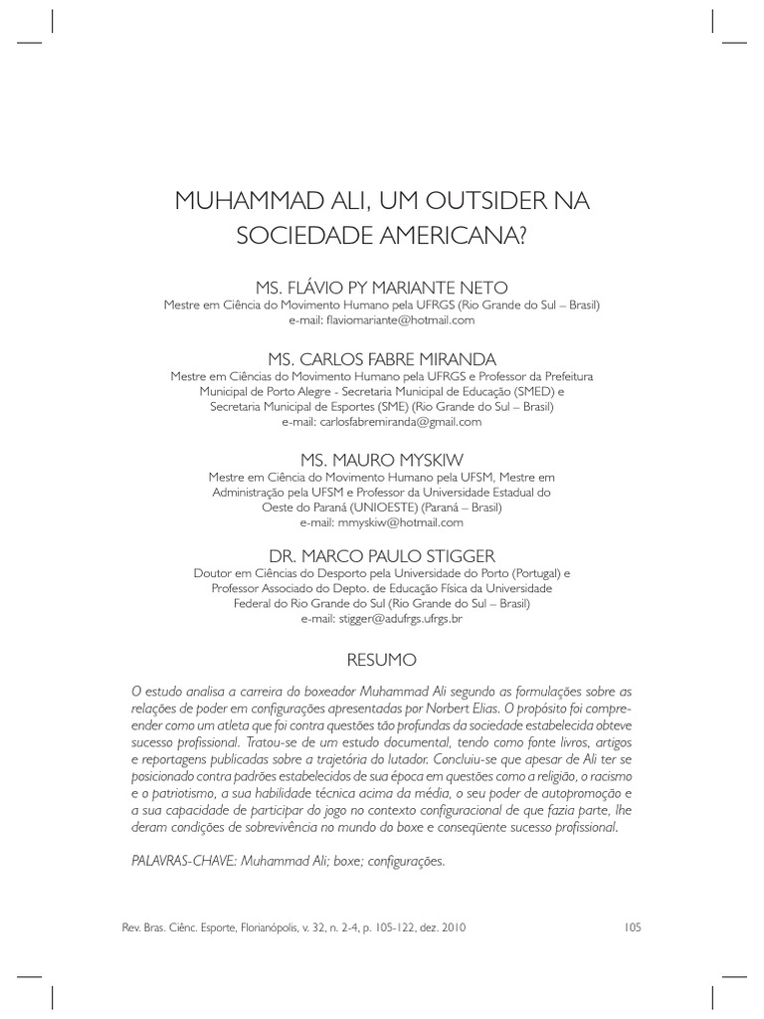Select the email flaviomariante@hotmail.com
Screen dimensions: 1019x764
[x=382, y=320]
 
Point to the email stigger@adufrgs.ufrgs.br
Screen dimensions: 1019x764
[x=382, y=618]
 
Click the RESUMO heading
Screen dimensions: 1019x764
[x=382, y=659]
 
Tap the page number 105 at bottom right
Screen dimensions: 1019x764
[x=633, y=927]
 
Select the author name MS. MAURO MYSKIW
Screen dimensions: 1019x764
[x=382, y=460]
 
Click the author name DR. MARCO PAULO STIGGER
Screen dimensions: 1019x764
[x=382, y=555]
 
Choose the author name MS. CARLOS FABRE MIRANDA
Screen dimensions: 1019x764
[x=382, y=357]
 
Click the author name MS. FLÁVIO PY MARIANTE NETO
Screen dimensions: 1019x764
[x=382, y=287]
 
